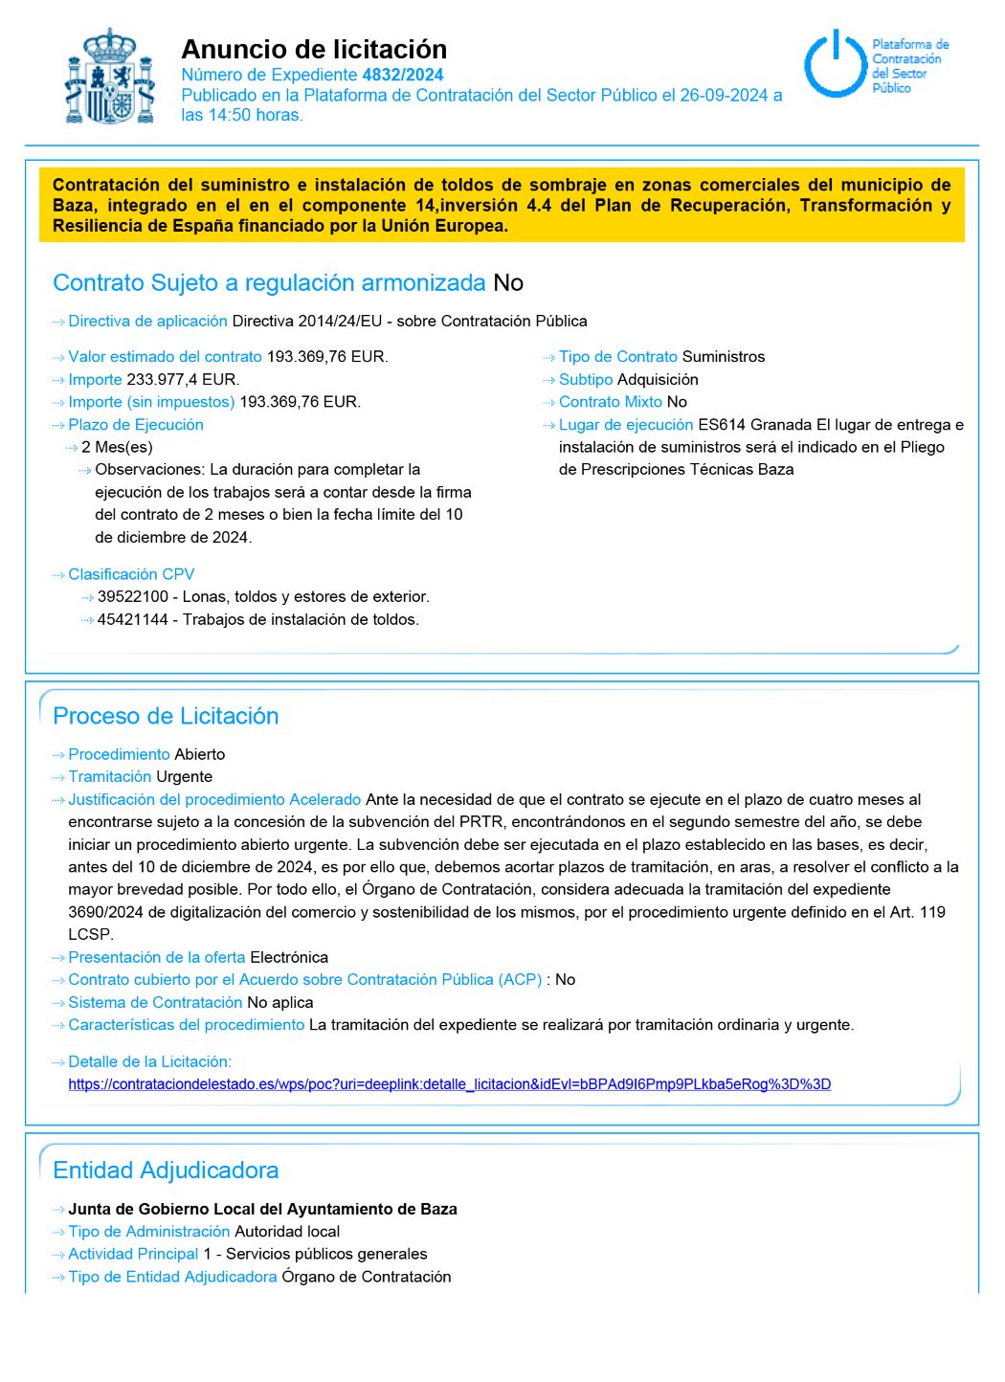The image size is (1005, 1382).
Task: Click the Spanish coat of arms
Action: point(110,78)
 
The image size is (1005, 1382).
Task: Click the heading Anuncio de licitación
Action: point(314,50)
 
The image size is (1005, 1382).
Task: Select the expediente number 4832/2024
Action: point(402,75)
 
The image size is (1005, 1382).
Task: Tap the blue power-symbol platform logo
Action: point(836,64)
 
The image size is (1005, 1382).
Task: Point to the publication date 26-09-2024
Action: point(724,95)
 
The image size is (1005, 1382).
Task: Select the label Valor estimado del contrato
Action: point(165,356)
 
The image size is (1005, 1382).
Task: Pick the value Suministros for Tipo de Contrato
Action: point(723,356)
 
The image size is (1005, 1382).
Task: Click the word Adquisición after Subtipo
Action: point(658,379)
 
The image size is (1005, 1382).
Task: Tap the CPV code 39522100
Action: point(133,596)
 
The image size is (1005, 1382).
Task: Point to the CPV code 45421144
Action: point(133,619)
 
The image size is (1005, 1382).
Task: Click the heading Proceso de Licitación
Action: point(166,716)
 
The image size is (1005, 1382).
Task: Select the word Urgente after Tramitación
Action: point(184,776)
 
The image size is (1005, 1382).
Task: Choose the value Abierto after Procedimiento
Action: point(200,754)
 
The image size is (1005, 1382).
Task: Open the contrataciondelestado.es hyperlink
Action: point(449,1084)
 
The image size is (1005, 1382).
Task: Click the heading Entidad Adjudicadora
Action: point(166,1170)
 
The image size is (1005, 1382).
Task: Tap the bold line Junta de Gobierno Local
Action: point(262,1209)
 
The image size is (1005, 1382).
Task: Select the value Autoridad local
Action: point(287,1231)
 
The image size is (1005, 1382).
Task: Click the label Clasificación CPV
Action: point(131,574)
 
